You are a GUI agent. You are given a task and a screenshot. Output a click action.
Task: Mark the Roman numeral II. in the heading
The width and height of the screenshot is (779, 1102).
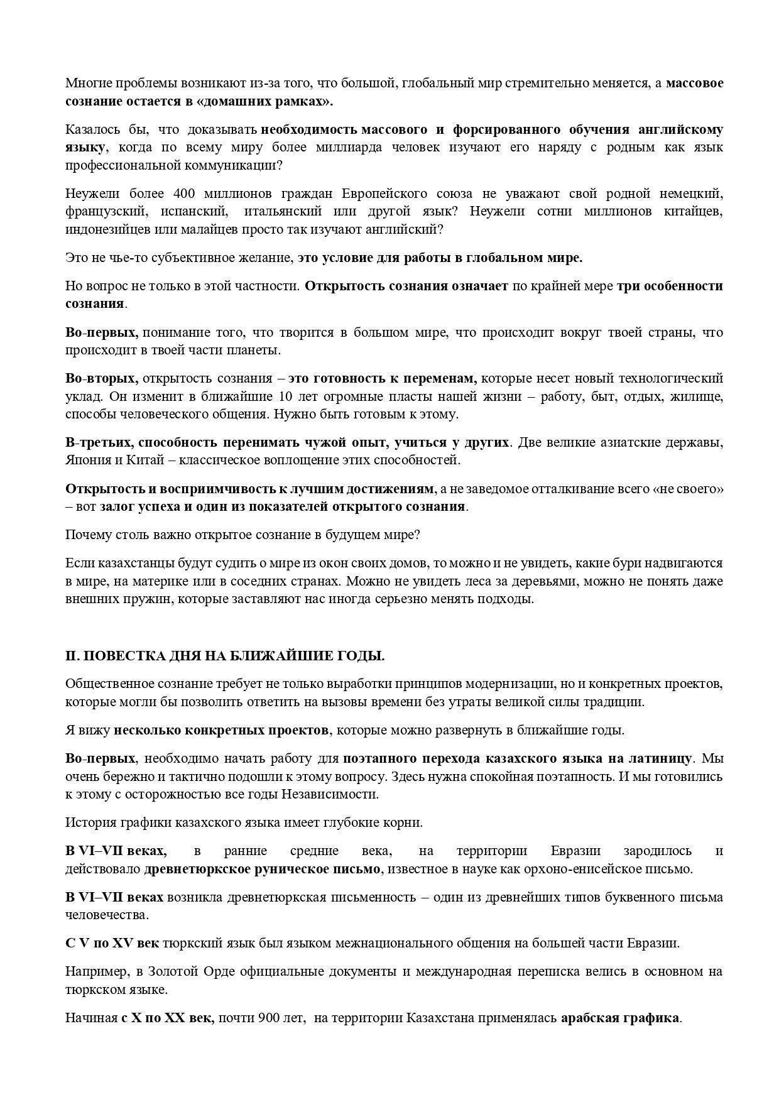[72, 656]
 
